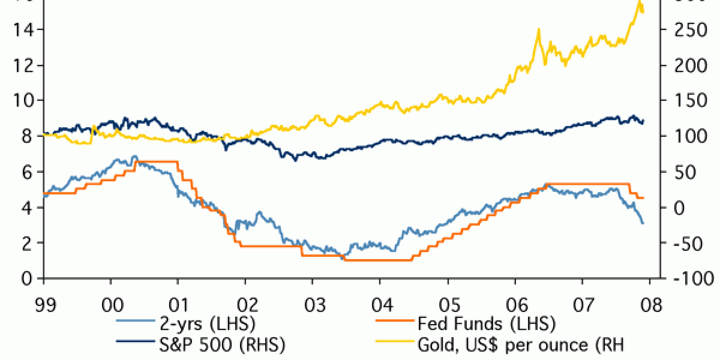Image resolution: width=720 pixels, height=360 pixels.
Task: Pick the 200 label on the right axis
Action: click(x=690, y=65)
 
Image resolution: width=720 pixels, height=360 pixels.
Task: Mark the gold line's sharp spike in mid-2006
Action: click(x=538, y=29)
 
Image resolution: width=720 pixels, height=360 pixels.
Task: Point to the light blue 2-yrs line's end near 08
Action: click(x=643, y=223)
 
